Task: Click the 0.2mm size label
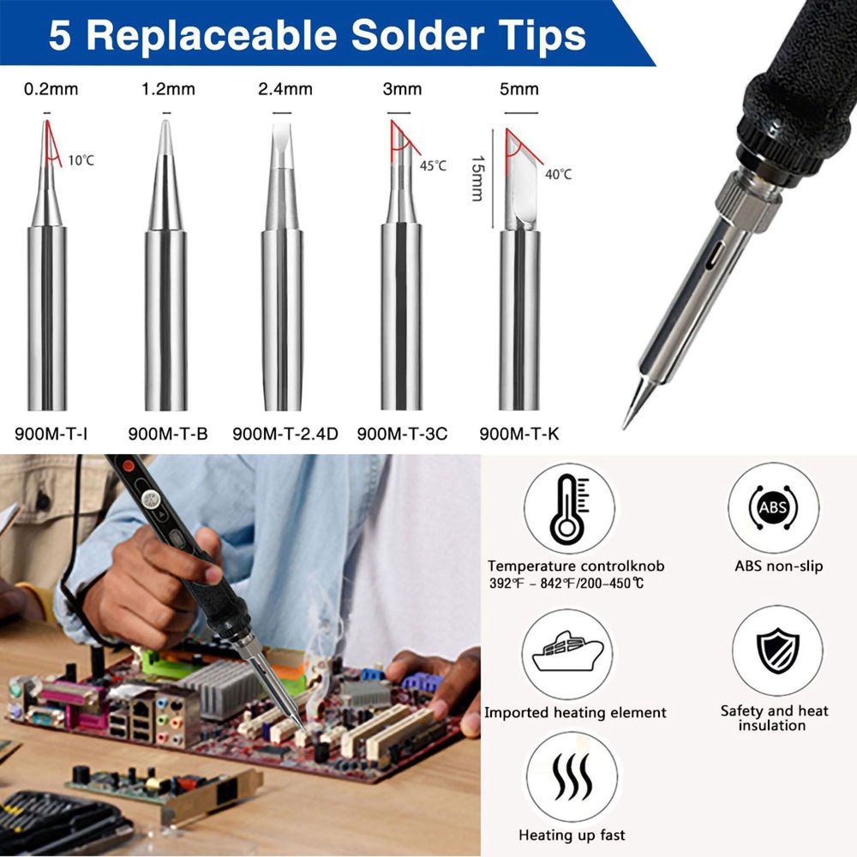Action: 51,89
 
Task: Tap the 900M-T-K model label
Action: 519,434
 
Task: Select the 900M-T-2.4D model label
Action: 285,434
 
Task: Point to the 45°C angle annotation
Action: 433,165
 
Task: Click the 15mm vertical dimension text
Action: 478,179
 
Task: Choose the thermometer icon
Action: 570,509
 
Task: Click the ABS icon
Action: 773,507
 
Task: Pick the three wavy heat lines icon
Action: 572,776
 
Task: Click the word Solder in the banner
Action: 417,35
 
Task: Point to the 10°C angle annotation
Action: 81,160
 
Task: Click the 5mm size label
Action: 519,89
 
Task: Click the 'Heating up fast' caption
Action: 572,835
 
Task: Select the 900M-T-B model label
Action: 168,434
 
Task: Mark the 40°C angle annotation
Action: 558,174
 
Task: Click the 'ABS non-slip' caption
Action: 778,566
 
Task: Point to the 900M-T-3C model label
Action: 402,434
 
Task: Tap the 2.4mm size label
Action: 285,89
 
